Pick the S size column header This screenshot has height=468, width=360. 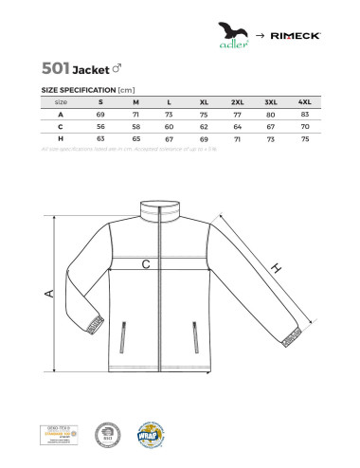(x=101, y=100)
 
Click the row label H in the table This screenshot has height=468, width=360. (x=60, y=137)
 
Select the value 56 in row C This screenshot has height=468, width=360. (x=101, y=125)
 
